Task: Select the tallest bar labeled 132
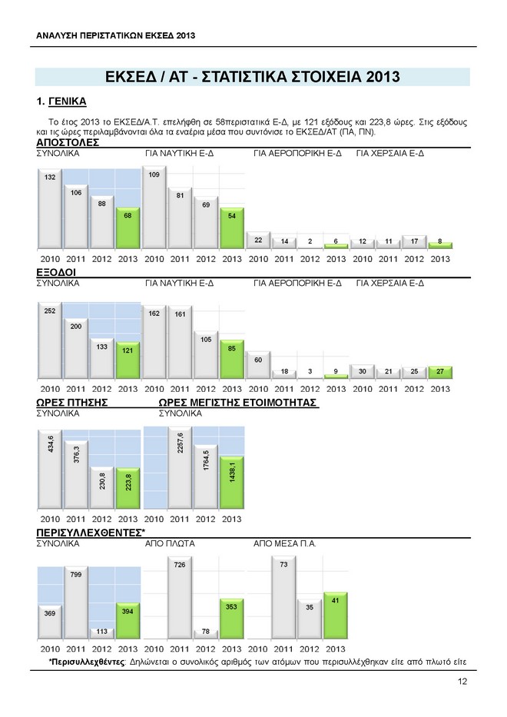point(50,209)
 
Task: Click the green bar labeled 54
point(232,229)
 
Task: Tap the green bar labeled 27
point(440,373)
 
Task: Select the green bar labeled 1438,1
point(232,483)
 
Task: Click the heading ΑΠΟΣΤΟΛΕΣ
point(68,143)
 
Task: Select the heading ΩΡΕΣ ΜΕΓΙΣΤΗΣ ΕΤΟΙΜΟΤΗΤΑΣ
point(237,403)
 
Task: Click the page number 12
point(462,682)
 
